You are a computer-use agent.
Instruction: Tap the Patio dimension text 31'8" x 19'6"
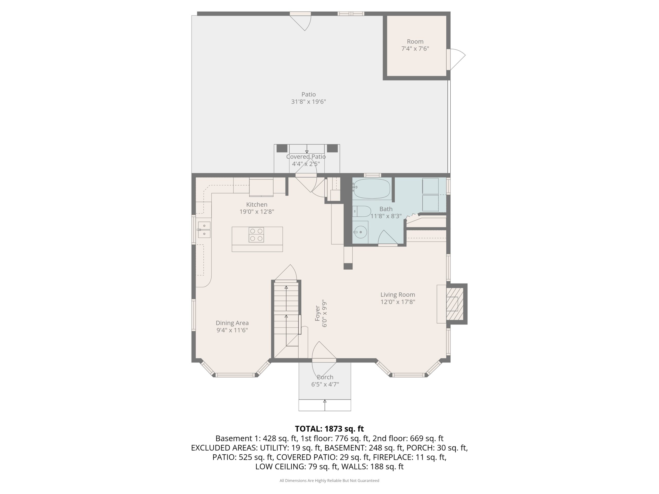click(x=308, y=102)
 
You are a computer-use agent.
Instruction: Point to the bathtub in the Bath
click(x=371, y=189)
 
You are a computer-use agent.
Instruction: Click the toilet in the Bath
click(x=362, y=211)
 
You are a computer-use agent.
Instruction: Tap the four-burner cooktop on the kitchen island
click(x=256, y=235)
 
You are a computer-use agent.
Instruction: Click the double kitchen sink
click(x=204, y=230)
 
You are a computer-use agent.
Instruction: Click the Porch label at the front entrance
click(x=325, y=377)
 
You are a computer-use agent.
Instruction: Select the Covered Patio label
click(x=306, y=157)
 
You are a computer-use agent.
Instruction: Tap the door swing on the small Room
click(x=458, y=59)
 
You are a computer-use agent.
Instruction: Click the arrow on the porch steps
click(x=325, y=405)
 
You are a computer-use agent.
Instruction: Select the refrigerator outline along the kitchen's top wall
click(x=261, y=187)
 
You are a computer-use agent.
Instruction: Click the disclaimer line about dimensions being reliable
click(x=329, y=480)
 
